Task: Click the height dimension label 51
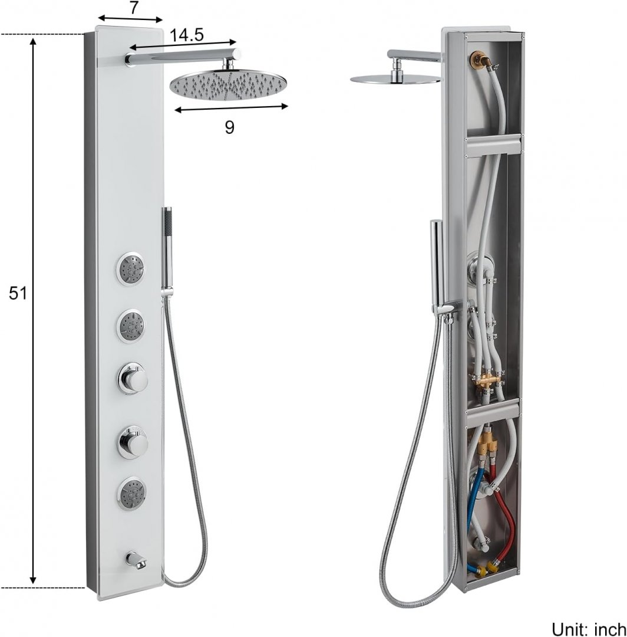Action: (x=18, y=293)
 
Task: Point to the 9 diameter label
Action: (x=229, y=127)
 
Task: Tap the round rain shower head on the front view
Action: (x=228, y=84)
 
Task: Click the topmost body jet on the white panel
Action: (x=132, y=268)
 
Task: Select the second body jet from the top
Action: (x=132, y=326)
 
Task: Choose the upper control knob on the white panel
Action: (x=133, y=379)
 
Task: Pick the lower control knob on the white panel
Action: (x=133, y=441)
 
